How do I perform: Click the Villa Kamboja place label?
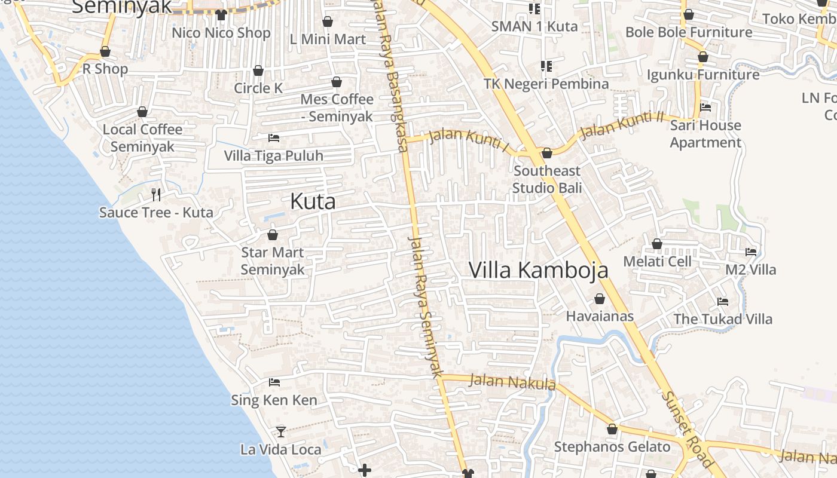(538, 270)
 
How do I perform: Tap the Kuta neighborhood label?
(313, 201)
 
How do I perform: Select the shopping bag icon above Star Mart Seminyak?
(273, 235)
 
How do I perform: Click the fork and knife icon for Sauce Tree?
(156, 194)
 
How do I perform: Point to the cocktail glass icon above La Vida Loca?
(280, 431)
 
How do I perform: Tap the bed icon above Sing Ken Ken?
(274, 382)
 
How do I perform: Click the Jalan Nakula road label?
(512, 381)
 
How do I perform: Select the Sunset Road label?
(688, 428)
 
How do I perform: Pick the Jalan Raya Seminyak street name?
(425, 305)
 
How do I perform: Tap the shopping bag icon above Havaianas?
(600, 299)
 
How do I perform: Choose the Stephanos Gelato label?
(612, 447)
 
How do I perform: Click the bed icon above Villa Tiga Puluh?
(274, 138)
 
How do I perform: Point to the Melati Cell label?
(657, 262)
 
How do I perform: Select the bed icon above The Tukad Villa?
(723, 302)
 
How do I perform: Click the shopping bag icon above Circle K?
(258, 71)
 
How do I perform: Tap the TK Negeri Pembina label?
(546, 84)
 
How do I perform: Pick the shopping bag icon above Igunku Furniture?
(703, 57)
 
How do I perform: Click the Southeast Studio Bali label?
(547, 179)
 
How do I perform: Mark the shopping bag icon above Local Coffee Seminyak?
(142, 112)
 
